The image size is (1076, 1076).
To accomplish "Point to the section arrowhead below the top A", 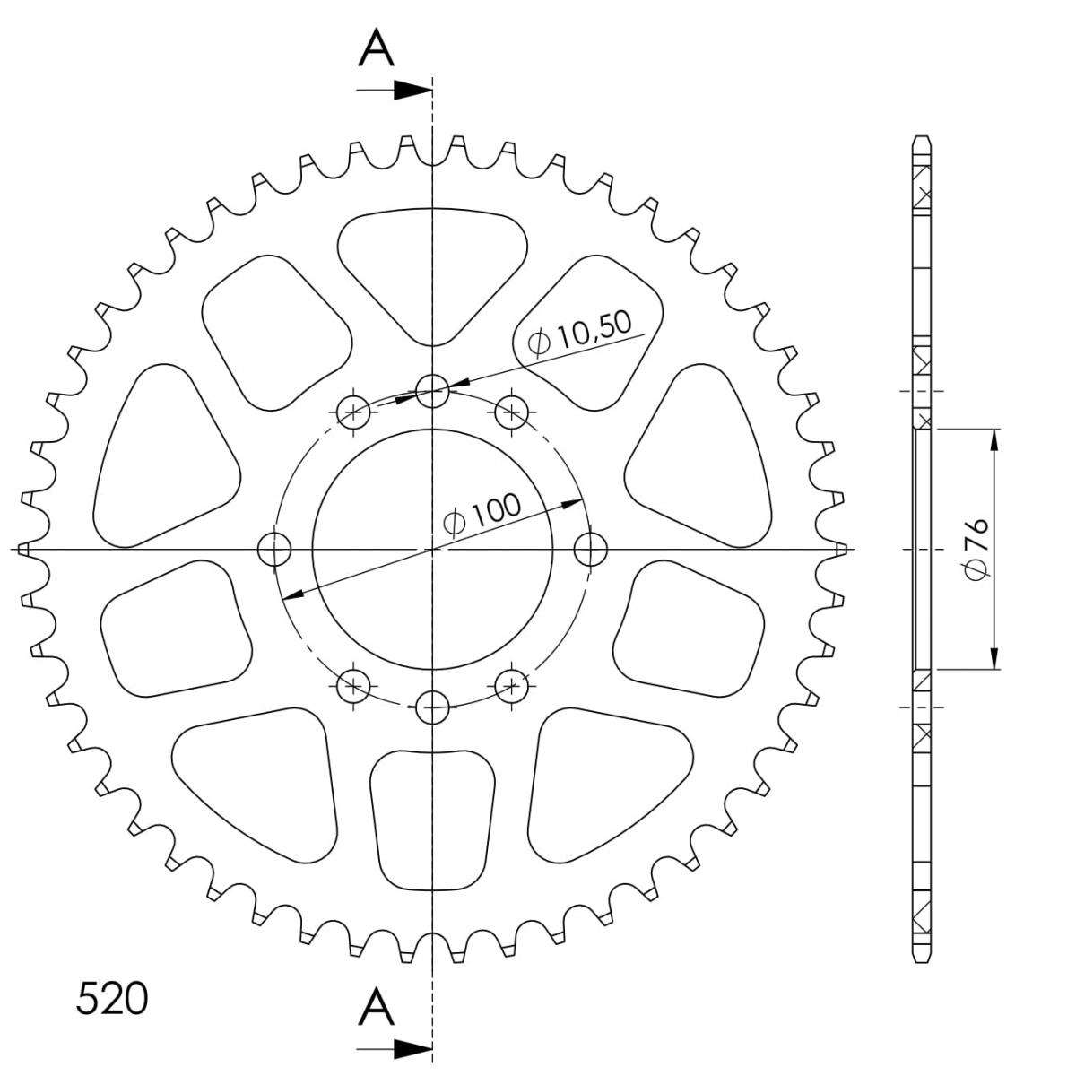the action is pos(412,90).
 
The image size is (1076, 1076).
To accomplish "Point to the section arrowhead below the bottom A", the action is pos(412,1048).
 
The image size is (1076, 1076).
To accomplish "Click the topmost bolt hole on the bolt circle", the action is pos(432,390).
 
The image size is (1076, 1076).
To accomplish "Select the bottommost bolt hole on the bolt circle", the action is pos(432,707).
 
